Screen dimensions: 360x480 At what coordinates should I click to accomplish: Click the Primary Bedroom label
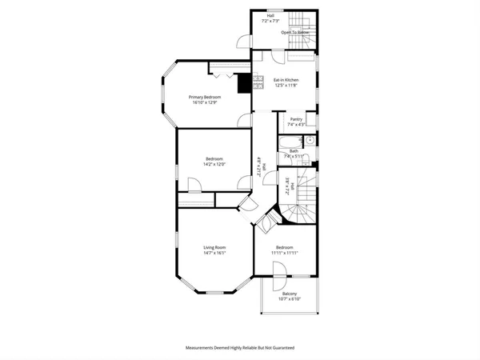click(x=206, y=97)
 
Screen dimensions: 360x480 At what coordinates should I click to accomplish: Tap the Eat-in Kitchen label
click(x=286, y=80)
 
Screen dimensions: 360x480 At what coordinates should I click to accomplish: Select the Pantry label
click(x=295, y=119)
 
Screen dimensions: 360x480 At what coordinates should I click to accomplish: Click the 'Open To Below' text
click(x=295, y=33)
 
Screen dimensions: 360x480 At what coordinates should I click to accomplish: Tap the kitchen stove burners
click(x=258, y=81)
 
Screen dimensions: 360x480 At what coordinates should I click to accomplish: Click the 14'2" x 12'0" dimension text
click(x=214, y=164)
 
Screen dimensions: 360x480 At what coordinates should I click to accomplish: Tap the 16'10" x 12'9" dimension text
click(x=206, y=102)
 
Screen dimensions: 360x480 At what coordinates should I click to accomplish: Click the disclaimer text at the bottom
click(x=240, y=348)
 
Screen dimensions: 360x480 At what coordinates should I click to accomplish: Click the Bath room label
click(x=294, y=150)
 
